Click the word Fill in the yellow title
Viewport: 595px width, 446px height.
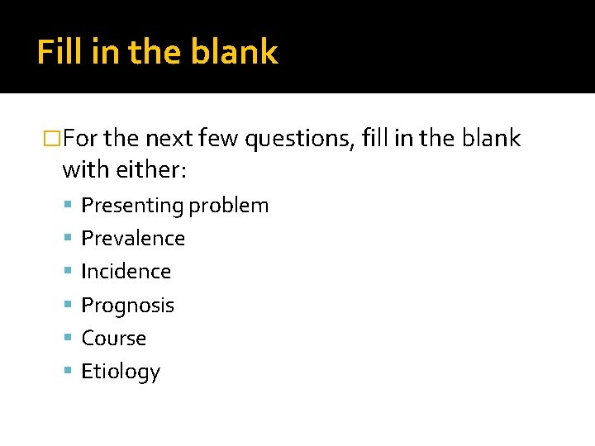point(60,52)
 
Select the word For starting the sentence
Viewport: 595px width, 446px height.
point(82,139)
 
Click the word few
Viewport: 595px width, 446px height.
point(218,139)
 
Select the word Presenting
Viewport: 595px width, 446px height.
point(132,206)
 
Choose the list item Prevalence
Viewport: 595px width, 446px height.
point(133,239)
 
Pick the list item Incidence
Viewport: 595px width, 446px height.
point(126,272)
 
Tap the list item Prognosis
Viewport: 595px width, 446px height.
point(127,306)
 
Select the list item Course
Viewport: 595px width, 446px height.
point(113,339)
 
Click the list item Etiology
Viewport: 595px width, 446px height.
point(121,372)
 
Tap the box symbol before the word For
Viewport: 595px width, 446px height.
point(52,139)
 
